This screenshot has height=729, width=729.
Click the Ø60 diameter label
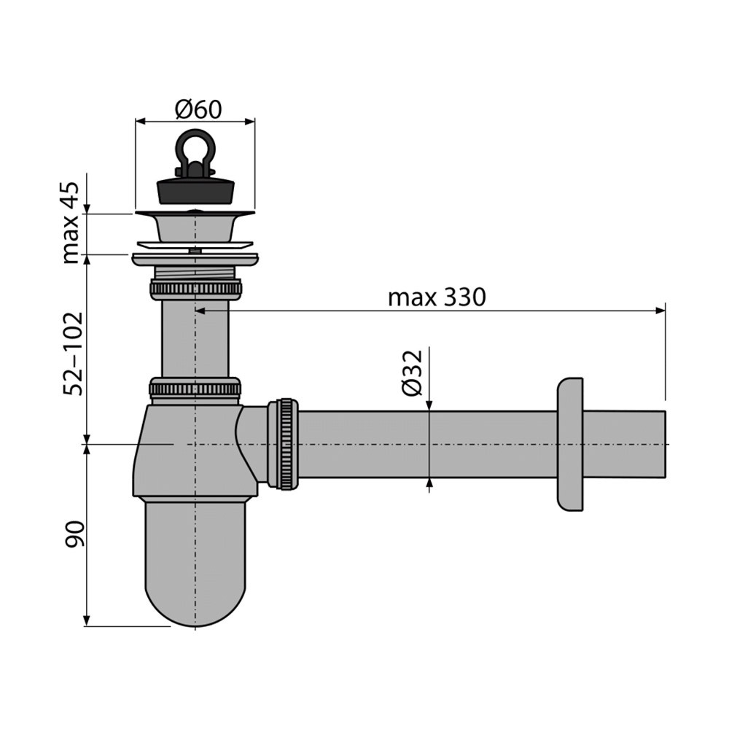[x=198, y=110]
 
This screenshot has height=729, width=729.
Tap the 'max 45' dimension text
[x=71, y=222]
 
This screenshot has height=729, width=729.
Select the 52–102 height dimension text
[x=73, y=354]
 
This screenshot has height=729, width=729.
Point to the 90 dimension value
[x=74, y=534]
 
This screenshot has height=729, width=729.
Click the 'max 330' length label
[x=437, y=297]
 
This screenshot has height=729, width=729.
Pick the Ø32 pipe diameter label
[x=413, y=373]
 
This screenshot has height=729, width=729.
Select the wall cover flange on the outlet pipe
[x=570, y=445]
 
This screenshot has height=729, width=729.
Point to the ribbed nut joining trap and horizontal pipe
[x=285, y=444]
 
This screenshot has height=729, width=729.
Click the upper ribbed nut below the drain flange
[x=195, y=289]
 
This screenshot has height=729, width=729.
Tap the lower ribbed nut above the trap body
[x=195, y=389]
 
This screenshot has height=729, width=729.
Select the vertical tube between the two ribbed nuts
[x=195, y=339]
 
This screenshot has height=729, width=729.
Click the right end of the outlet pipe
[x=666, y=444]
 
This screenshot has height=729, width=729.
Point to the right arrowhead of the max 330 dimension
[x=660, y=311]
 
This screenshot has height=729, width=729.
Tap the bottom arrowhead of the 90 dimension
[x=86, y=620]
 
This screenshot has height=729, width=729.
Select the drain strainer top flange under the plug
[x=195, y=214]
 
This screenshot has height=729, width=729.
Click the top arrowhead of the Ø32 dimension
[x=429, y=405]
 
